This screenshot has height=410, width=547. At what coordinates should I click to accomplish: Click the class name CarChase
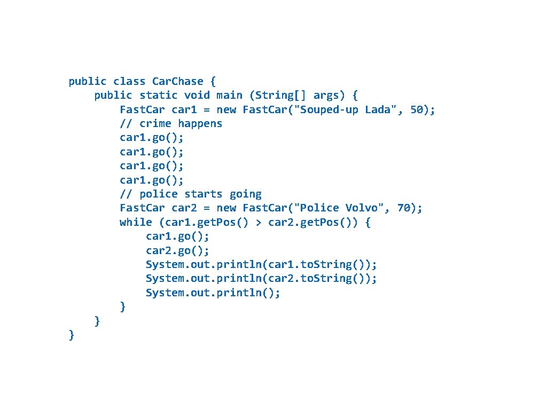(x=177, y=82)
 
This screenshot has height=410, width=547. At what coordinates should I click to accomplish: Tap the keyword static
(x=159, y=96)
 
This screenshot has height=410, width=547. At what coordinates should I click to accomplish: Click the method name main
(x=229, y=96)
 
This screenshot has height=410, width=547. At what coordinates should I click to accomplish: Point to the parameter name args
(x=326, y=96)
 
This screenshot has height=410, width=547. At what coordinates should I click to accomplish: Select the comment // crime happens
(x=171, y=124)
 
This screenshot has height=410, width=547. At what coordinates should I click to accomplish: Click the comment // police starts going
(x=191, y=194)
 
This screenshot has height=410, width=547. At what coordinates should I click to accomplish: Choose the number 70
(x=403, y=208)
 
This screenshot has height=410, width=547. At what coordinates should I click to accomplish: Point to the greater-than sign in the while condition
(x=259, y=223)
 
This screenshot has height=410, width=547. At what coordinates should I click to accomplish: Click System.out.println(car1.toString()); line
(x=261, y=265)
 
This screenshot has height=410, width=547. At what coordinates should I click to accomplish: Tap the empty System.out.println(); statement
(x=213, y=293)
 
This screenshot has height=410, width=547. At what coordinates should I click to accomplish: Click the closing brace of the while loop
(x=123, y=306)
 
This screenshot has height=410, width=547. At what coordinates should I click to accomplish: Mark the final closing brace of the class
(x=72, y=335)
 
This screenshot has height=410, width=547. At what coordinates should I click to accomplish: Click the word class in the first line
(x=129, y=82)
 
